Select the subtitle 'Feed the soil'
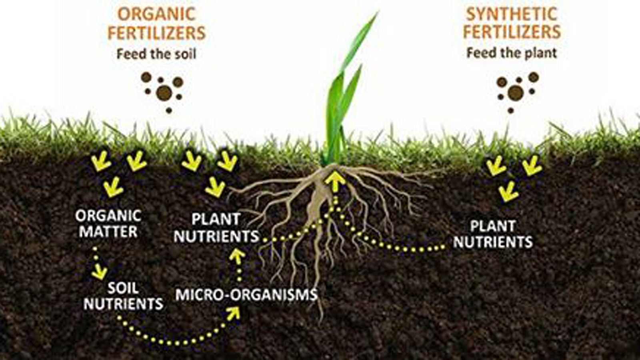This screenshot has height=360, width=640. pos(156,54)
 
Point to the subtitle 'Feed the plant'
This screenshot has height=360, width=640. pos(512,53)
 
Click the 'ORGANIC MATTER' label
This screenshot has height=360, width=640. pos(108,224)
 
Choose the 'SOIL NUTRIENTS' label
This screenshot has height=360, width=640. pos(124,296)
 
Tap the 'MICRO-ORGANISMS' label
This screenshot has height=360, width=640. pos(246,294)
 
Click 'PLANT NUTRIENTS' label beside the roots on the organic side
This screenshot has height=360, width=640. pos(216,228)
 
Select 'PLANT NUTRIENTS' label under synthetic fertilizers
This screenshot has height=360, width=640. pos(493,234)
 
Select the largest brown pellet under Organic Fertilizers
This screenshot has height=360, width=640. pos(164,93)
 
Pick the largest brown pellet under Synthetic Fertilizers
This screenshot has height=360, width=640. pos(516,93)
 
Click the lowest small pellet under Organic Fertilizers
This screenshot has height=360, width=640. pos(169,110)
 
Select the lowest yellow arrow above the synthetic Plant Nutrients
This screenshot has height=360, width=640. pos(509,192)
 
